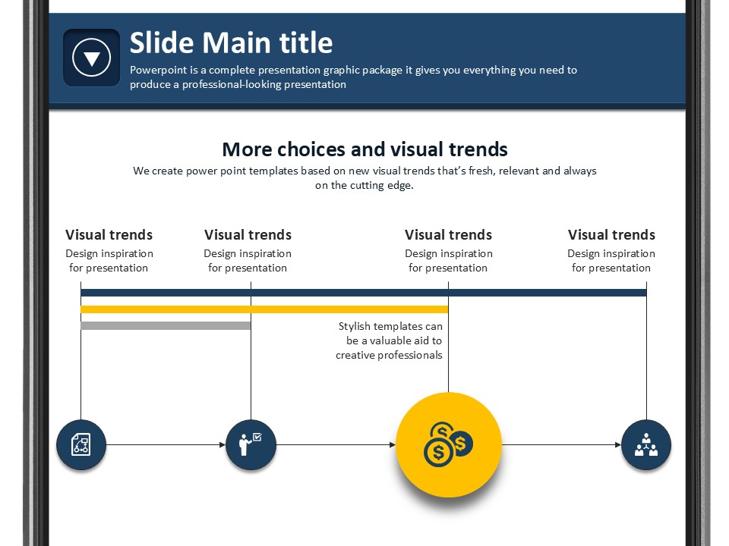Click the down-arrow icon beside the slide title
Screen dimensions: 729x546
click(x=92, y=58)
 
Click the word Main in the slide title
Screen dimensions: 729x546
click(x=237, y=42)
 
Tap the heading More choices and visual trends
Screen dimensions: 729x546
click(x=365, y=149)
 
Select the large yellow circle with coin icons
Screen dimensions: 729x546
click(x=449, y=445)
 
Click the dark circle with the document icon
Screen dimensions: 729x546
click(x=81, y=445)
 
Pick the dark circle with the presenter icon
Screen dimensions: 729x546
click(x=251, y=445)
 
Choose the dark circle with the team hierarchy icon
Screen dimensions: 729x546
click(x=646, y=445)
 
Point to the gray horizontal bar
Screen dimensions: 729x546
click(x=166, y=325)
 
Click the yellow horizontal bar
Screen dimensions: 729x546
click(x=264, y=309)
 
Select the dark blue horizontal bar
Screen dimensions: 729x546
click(x=364, y=293)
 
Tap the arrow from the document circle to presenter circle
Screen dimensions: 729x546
click(x=166, y=445)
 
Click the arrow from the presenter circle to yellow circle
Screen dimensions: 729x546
click(x=336, y=445)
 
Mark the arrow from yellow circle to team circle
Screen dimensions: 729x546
click(x=562, y=445)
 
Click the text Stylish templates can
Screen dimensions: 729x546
click(x=390, y=326)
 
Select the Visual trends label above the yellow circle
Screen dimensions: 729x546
click(x=448, y=235)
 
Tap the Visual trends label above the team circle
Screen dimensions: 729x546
click(x=611, y=235)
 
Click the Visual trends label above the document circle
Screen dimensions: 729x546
click(x=109, y=235)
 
